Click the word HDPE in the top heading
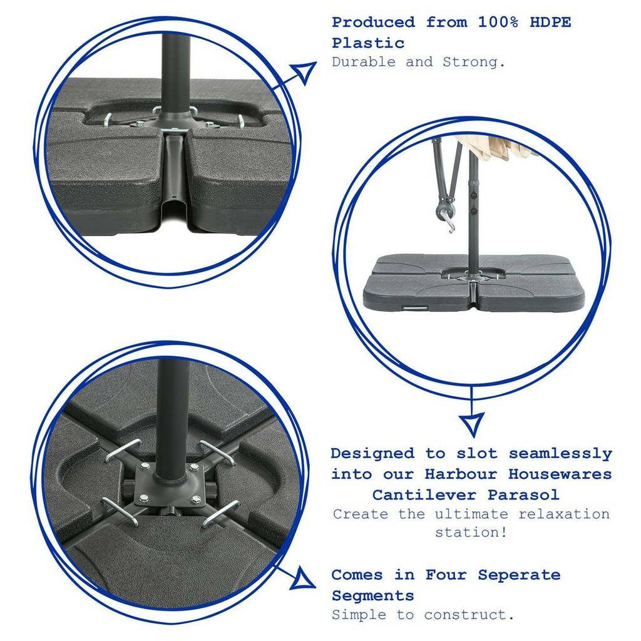coord(550,22)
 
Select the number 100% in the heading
coord(498,22)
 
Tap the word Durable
coord(364,62)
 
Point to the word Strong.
coord(474,62)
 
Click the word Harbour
coord(461,474)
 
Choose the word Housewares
coord(560,474)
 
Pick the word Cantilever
coord(424,495)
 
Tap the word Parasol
coord(523,495)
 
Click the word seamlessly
coord(560,454)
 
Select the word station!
coord(471,532)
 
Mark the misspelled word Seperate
coord(519,576)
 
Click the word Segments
coord(373,596)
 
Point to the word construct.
coord(469,615)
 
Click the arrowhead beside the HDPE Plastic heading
coord(304,72)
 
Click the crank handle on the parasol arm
coord(446,215)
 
